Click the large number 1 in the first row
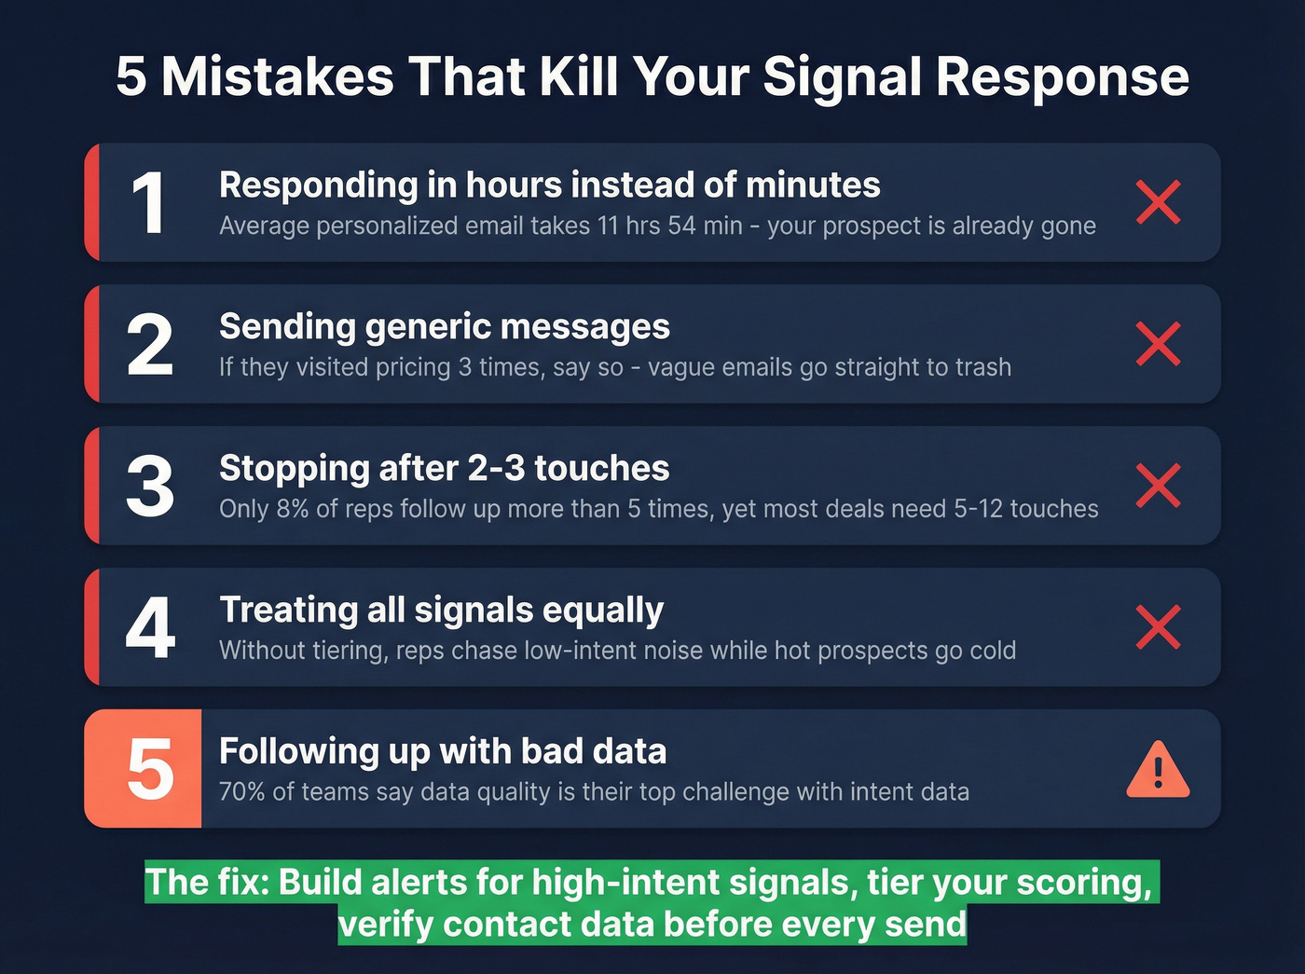point(149,203)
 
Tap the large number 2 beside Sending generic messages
point(150,345)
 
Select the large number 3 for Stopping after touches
point(150,487)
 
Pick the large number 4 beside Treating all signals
point(150,628)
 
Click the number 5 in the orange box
point(149,770)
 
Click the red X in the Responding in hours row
point(1159,202)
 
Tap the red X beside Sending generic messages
point(1159,344)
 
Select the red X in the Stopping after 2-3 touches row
point(1159,486)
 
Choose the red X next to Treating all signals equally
point(1159,627)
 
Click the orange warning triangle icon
point(1158,771)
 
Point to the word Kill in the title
point(579,76)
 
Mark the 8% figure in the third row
point(293,509)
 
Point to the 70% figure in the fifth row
point(241,792)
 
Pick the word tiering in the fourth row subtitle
point(346,651)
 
